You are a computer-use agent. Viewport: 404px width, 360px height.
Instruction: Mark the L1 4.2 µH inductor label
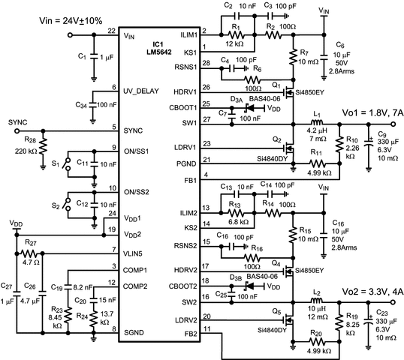tap(318, 130)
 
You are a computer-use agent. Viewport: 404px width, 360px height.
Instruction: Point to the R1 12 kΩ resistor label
tap(239, 38)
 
